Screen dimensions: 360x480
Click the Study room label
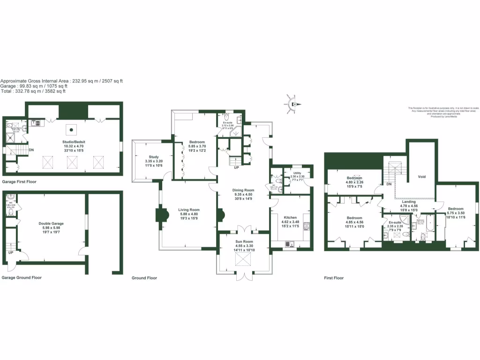pyautogui.click(x=154, y=157)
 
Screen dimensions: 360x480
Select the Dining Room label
pyautogui.click(x=243, y=190)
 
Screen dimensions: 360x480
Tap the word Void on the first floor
pyautogui.click(x=421, y=178)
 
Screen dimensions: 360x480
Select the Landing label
pyautogui.click(x=409, y=202)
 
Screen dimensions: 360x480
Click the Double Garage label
pyautogui.click(x=51, y=224)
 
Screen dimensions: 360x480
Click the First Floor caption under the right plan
pyautogui.click(x=334, y=278)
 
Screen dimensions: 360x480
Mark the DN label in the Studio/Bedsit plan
pyautogui.click(x=31, y=150)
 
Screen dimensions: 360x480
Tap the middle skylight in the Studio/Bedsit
pyautogui.click(x=72, y=162)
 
